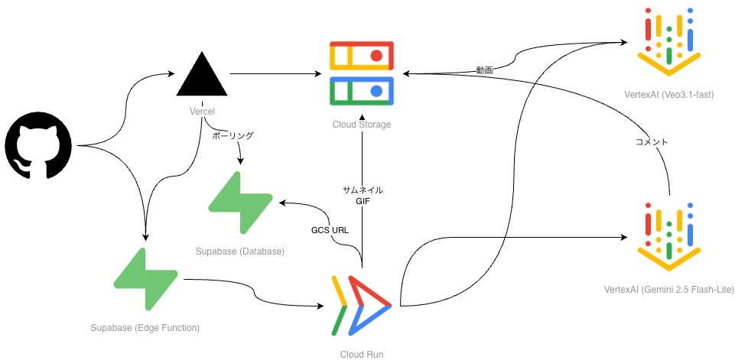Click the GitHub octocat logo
pyautogui.click(x=38, y=145)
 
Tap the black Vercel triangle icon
pyautogui.click(x=201, y=75)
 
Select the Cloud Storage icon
pyautogui.click(x=361, y=73)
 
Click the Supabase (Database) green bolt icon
pyautogui.click(x=239, y=203)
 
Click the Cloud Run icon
pyautogui.click(x=362, y=305)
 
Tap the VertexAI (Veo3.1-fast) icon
pyautogui.click(x=669, y=42)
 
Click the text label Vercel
pyautogui.click(x=202, y=112)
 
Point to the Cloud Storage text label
pyautogui.click(x=362, y=125)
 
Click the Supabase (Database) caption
pyautogui.click(x=239, y=251)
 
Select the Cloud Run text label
pyautogui.click(x=362, y=354)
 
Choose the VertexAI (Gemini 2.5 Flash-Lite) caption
pyautogui.click(x=669, y=290)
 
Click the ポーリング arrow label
pyautogui.click(x=233, y=135)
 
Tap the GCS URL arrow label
pyautogui.click(x=328, y=229)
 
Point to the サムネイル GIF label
pyautogui.click(x=363, y=196)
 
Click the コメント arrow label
pyautogui.click(x=652, y=141)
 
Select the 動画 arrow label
pyautogui.click(x=484, y=70)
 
